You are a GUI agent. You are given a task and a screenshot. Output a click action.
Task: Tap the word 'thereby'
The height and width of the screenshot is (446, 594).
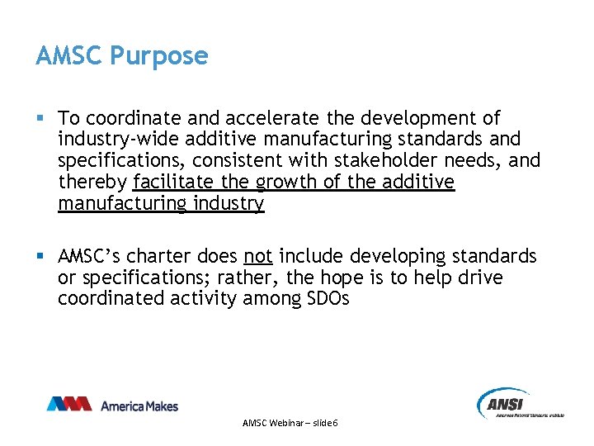(x=92, y=181)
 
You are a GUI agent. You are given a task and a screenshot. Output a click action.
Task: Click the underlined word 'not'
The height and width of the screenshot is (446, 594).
(x=258, y=256)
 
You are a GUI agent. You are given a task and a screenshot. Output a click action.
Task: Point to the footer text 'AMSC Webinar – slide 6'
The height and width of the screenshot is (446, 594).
(x=290, y=423)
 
